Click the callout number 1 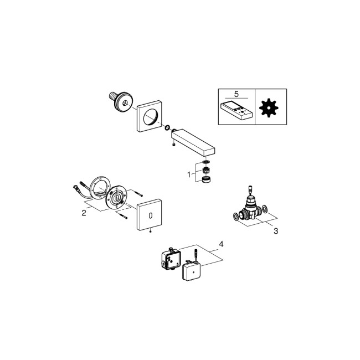189,174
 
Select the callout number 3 275,231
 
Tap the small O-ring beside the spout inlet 167,129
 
